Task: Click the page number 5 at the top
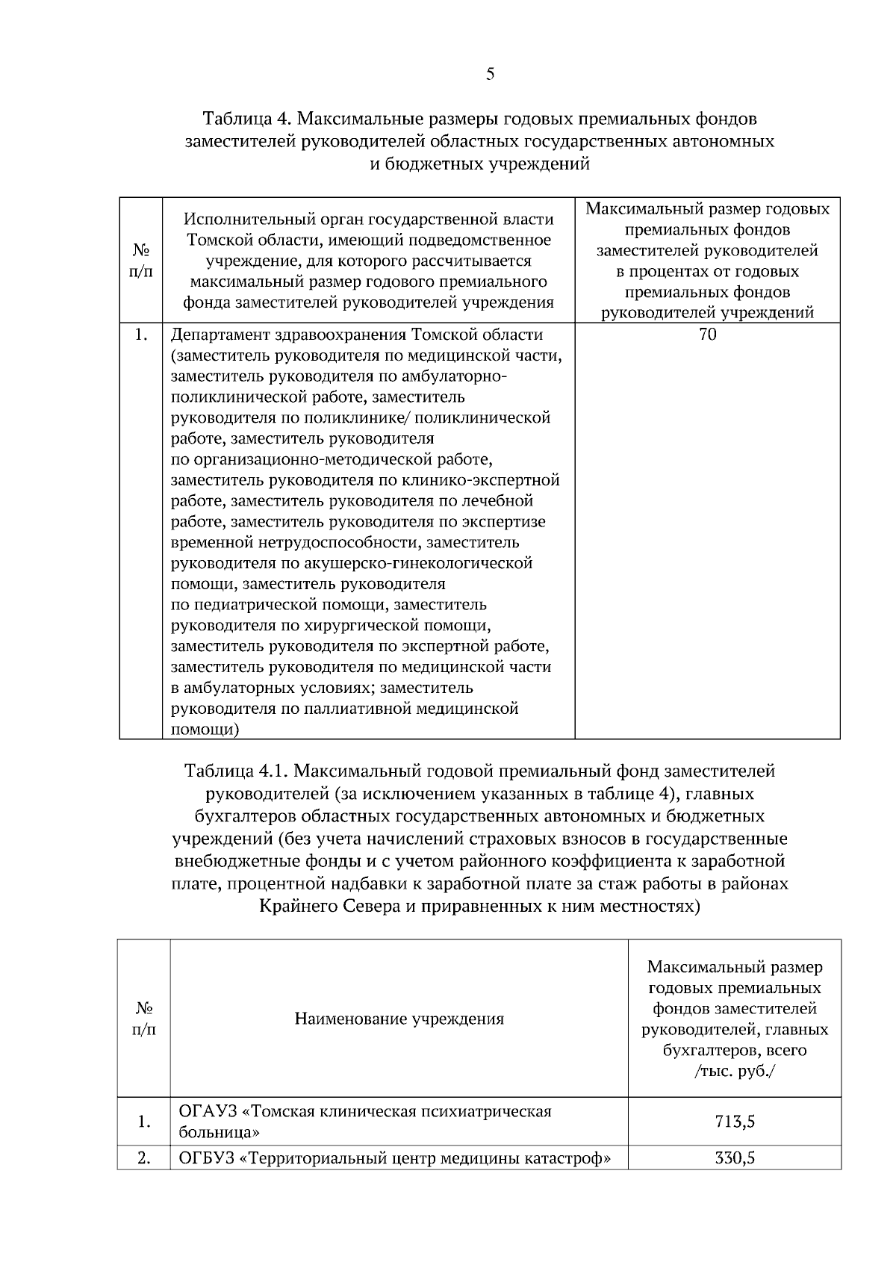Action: tap(490, 73)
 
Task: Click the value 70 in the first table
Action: tap(707, 335)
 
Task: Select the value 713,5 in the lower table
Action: tap(735, 1121)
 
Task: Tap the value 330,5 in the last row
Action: tap(735, 1158)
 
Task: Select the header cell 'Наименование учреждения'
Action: tap(399, 1019)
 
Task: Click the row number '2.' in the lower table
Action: tap(144, 1158)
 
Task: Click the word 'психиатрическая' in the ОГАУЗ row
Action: tap(489, 1111)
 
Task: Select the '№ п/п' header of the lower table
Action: tap(144, 1019)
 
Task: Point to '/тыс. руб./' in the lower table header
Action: tap(735, 1071)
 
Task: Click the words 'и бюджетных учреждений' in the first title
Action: tap(480, 164)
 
